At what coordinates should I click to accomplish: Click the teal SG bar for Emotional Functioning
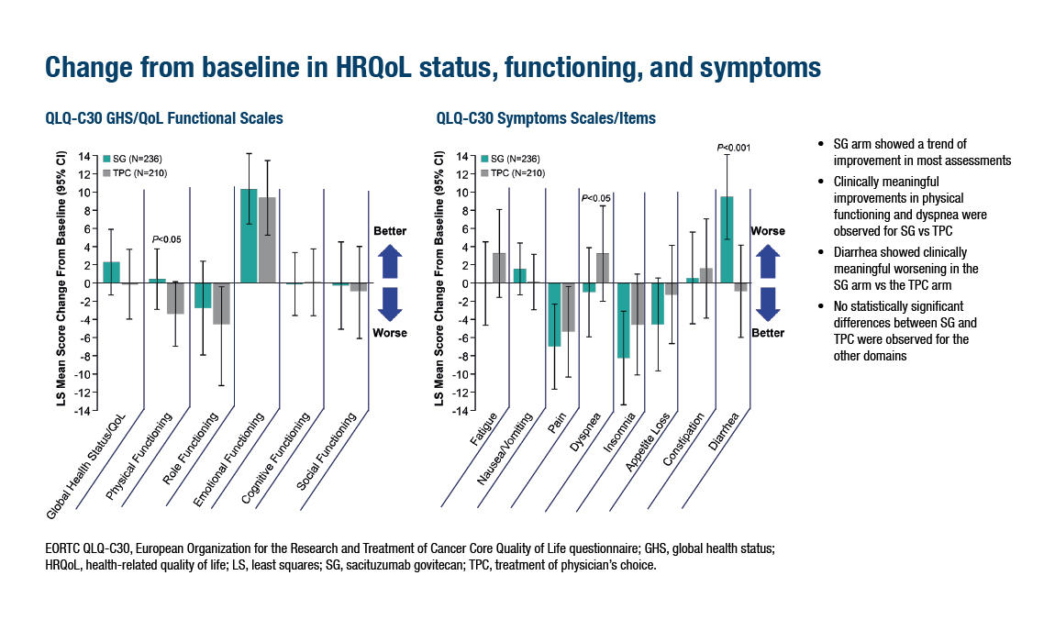click(x=249, y=236)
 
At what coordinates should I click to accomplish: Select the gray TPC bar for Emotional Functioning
click(x=266, y=240)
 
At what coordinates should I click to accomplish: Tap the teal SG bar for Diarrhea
click(x=727, y=239)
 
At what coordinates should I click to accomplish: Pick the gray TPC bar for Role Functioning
click(x=221, y=304)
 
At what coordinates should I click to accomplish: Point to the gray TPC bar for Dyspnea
click(x=603, y=268)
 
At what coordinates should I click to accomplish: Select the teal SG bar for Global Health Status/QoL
click(x=111, y=272)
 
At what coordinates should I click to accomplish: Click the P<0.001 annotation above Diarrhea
click(x=734, y=147)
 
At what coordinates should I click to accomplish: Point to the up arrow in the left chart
click(x=390, y=261)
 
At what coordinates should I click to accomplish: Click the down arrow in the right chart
click(x=769, y=303)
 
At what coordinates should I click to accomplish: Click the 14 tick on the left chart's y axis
click(x=83, y=157)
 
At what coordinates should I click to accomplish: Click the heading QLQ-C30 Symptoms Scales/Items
click(x=546, y=119)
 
